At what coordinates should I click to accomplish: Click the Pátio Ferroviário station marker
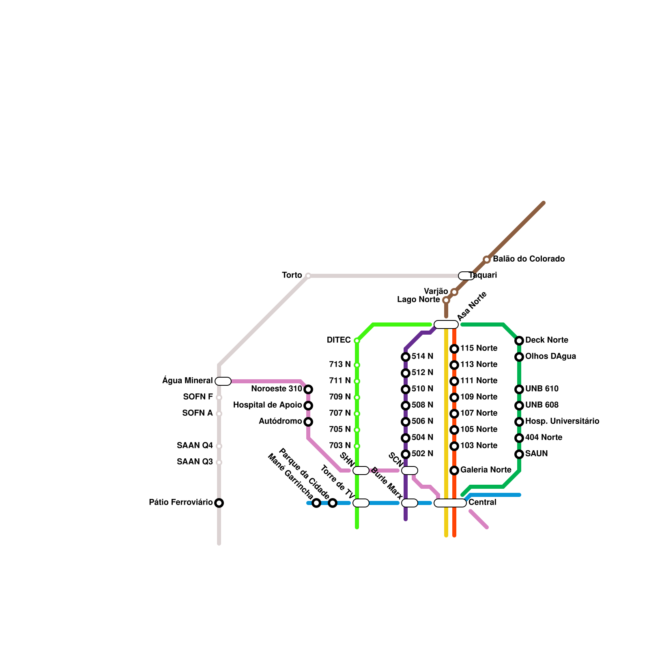point(219,503)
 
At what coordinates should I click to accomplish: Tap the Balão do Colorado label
point(529,259)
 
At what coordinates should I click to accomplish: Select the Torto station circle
point(308,276)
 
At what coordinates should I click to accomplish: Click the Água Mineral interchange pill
point(223,381)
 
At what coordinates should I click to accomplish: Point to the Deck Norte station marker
point(519,341)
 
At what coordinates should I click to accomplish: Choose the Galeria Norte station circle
point(454,471)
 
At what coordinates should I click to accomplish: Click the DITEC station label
point(339,340)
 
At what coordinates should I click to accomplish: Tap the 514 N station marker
point(406,357)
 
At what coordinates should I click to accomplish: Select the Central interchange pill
point(450,503)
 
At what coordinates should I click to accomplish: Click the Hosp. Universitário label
point(562,421)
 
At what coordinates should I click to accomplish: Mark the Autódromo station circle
point(308,422)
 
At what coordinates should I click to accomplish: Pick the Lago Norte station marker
point(446,300)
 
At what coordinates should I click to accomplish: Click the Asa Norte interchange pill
point(446,324)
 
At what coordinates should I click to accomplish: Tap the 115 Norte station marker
point(454,349)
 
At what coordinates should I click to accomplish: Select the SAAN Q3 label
point(195,462)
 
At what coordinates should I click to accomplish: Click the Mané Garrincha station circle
point(316,503)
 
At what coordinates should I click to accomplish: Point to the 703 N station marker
point(357,446)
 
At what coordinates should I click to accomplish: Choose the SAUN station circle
point(519,454)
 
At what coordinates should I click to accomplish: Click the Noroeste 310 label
point(277,389)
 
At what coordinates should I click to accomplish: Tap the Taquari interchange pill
point(466,276)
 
